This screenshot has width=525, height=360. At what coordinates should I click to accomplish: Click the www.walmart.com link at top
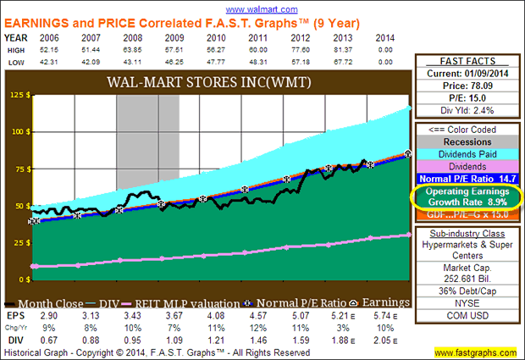click(262, 7)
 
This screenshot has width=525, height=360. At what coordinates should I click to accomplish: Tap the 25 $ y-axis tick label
click(18, 242)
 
